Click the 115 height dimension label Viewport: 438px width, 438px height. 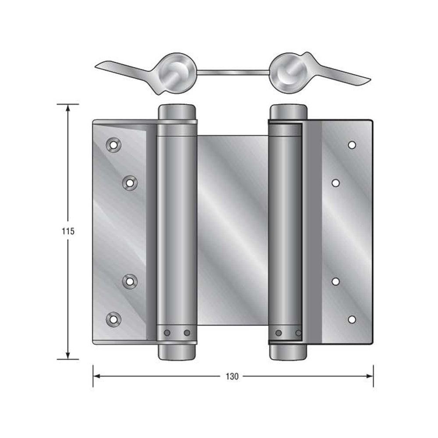[68, 231]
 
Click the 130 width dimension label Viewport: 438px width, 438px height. [233, 376]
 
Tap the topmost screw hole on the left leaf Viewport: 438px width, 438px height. [113, 145]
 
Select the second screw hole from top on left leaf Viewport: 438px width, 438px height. [130, 182]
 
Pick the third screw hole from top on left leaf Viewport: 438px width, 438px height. [130, 281]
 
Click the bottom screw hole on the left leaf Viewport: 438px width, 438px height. [113, 319]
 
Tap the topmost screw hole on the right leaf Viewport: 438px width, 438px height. [352, 145]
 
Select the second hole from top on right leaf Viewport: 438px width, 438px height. [336, 183]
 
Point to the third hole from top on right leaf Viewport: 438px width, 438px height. [336, 281]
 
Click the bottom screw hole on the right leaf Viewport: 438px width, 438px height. [352, 319]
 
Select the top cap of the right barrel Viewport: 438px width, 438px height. [288, 112]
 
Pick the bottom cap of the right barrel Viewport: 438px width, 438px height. [288, 351]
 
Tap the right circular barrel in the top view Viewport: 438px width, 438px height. [288, 73]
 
